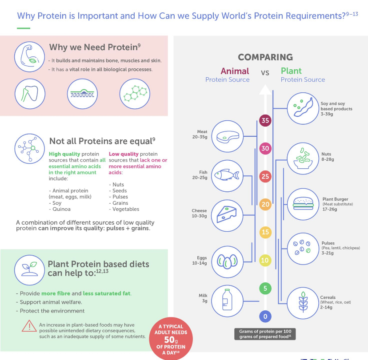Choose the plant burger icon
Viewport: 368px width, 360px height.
pyautogui.click(x=303, y=204)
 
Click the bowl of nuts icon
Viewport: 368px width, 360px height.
pyautogui.click(x=303, y=157)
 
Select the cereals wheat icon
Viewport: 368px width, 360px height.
pyautogui.click(x=303, y=302)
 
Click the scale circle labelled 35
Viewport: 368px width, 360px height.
pyautogui.click(x=265, y=120)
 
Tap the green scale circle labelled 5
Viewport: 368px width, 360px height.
pyautogui.click(x=265, y=289)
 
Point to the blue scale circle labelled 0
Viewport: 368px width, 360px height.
pyautogui.click(x=265, y=316)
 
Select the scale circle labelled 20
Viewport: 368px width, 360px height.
pyautogui.click(x=265, y=204)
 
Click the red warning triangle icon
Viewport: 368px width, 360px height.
pyautogui.click(x=29, y=326)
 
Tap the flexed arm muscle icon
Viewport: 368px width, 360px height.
pyautogui.click(x=29, y=55)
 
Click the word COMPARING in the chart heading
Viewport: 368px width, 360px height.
pyautogui.click(x=265, y=57)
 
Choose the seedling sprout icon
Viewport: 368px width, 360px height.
pyautogui.click(x=29, y=269)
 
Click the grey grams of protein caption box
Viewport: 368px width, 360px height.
pyautogui.click(x=265, y=334)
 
